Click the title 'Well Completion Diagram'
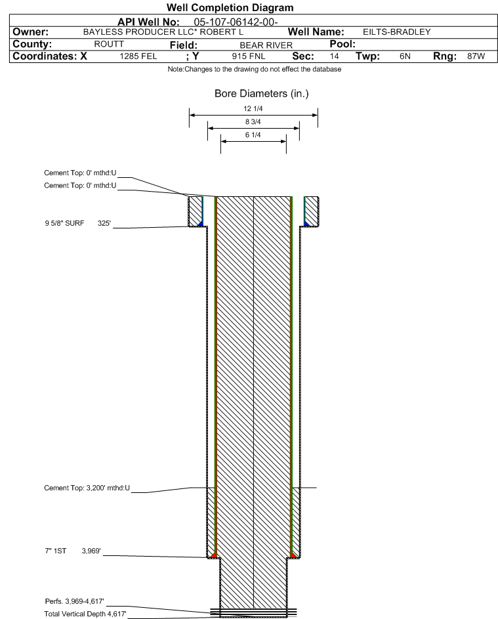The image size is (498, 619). pos(230,7)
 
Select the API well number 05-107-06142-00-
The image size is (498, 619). pos(236,22)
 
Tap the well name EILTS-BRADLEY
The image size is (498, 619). pos(396,32)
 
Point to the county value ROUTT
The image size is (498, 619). pos(109,44)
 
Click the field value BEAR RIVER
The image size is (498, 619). pos(266,45)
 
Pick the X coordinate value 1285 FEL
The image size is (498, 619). pos(138,56)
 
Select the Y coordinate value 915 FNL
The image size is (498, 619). pos(249,56)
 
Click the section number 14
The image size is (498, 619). pos(334,56)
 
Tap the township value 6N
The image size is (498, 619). pos(405,56)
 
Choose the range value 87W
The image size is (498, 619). pos(476,56)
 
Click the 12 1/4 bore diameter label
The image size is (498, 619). pos(253,108)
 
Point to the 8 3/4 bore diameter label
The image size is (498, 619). pos(253,121)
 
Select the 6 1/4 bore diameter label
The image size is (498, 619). pos(253,135)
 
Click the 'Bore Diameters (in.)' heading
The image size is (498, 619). pos(262,94)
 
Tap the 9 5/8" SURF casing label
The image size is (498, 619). pos(64,223)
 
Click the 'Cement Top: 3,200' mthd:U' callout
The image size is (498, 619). pos(87,488)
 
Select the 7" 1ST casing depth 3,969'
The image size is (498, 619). pos(91,551)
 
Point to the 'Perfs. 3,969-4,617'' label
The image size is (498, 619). pos(74,601)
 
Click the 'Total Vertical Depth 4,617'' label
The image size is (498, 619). pos(85,614)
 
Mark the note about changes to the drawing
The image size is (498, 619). pos(255,70)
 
